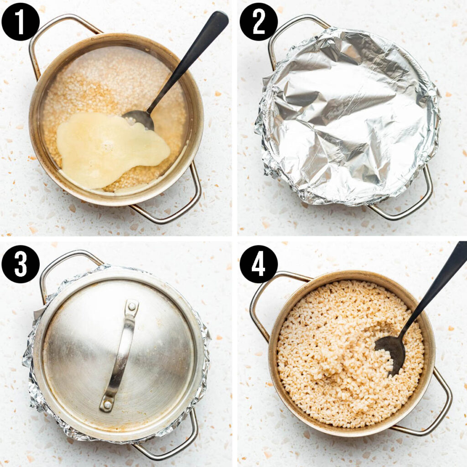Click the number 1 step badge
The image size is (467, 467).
pyautogui.click(x=21, y=21)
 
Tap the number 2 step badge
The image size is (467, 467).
pyautogui.click(x=259, y=21)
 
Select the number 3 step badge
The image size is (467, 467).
pyautogui.click(x=21, y=264)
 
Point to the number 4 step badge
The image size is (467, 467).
pyautogui.click(x=259, y=264)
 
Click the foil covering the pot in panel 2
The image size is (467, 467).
pyautogui.click(x=347, y=114)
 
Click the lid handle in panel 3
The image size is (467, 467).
pyautogui.click(x=119, y=356)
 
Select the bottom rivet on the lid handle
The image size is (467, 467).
pyautogui.click(x=107, y=404)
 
